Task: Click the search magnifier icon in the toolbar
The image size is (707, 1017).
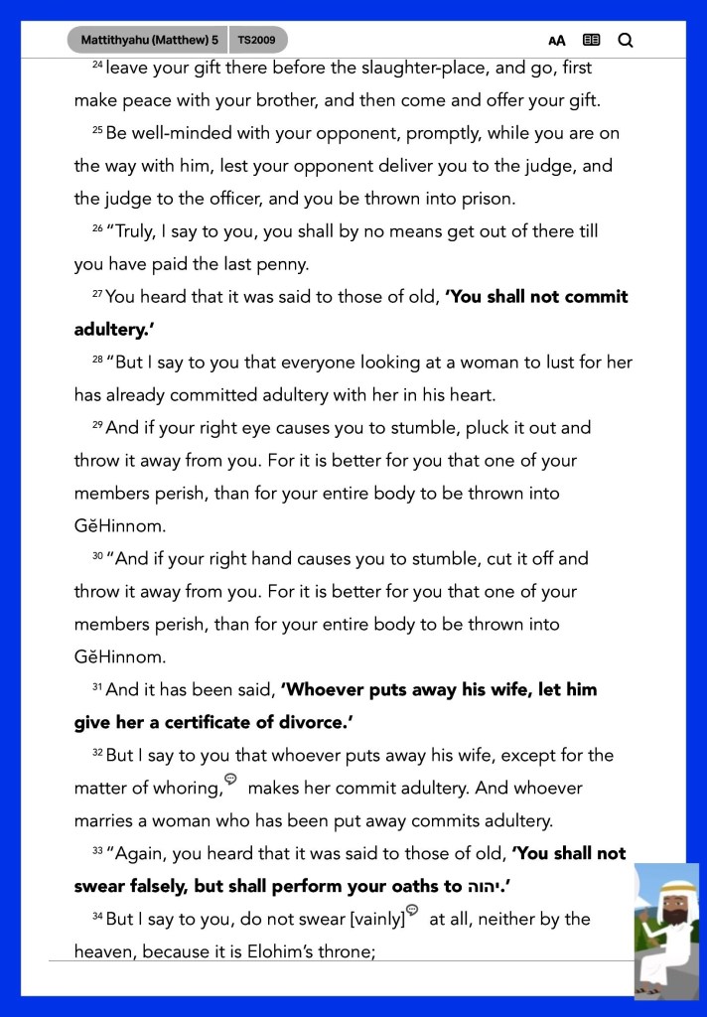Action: tap(625, 41)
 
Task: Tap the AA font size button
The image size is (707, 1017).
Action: tap(557, 41)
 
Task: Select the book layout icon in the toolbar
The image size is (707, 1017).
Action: tap(591, 41)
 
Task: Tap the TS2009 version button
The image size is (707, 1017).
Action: tap(258, 40)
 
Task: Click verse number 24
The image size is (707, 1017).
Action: tap(97, 66)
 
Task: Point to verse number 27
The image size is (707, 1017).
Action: tap(97, 294)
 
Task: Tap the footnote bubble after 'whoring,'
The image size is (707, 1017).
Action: tap(230, 780)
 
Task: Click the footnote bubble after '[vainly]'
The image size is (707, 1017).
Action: tap(412, 910)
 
